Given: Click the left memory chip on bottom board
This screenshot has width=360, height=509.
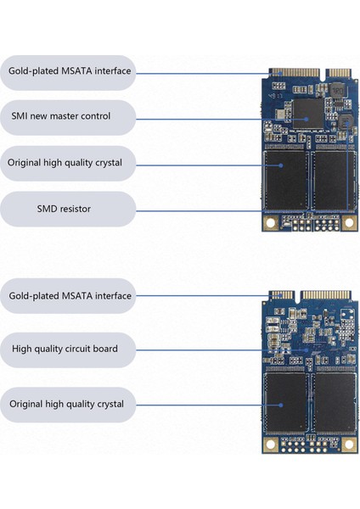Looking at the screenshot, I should [285, 402].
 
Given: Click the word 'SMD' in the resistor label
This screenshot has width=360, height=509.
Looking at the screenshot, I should [49, 208].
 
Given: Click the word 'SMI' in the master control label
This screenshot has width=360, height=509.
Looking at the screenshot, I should [20, 116].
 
